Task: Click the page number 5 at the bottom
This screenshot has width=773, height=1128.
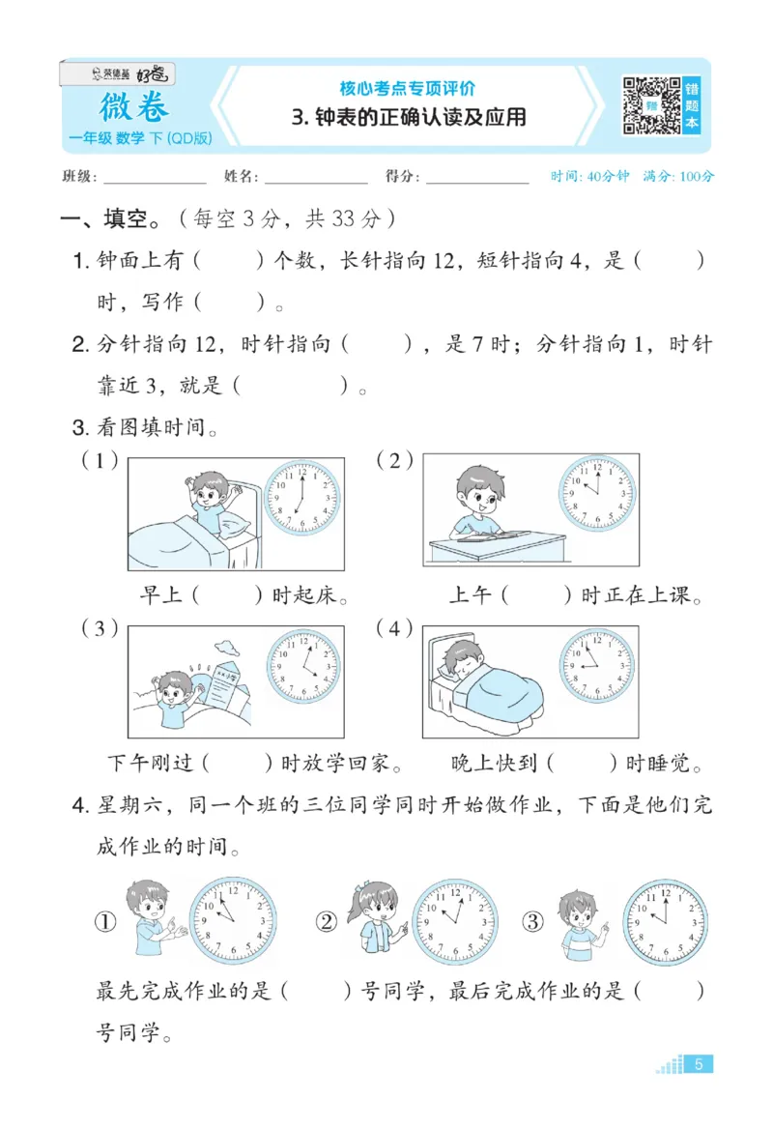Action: coord(699,1064)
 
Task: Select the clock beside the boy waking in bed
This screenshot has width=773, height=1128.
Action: coord(301,499)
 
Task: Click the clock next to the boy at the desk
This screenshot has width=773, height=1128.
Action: coord(597,488)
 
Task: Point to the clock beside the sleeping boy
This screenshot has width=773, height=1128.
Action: coord(597,666)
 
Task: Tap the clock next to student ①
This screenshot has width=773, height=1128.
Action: coord(232,921)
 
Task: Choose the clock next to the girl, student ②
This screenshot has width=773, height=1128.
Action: coord(456,921)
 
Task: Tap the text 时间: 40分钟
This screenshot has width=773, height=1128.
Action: coord(589,177)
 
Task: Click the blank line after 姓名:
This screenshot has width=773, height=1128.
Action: coord(316,180)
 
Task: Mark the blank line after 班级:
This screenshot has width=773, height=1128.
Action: coord(155,180)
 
